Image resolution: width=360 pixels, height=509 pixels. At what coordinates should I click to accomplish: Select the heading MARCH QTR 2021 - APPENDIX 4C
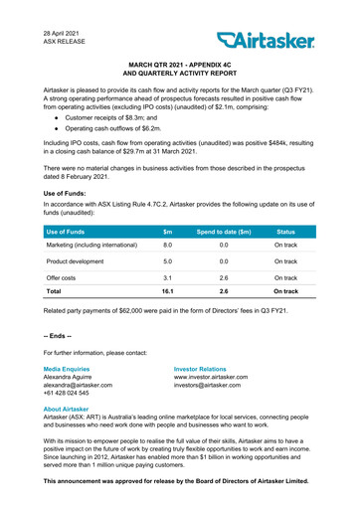[180, 62]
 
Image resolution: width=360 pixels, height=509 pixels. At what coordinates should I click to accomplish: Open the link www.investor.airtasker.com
[218, 376]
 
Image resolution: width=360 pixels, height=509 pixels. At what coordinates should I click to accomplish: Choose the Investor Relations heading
[206, 367]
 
